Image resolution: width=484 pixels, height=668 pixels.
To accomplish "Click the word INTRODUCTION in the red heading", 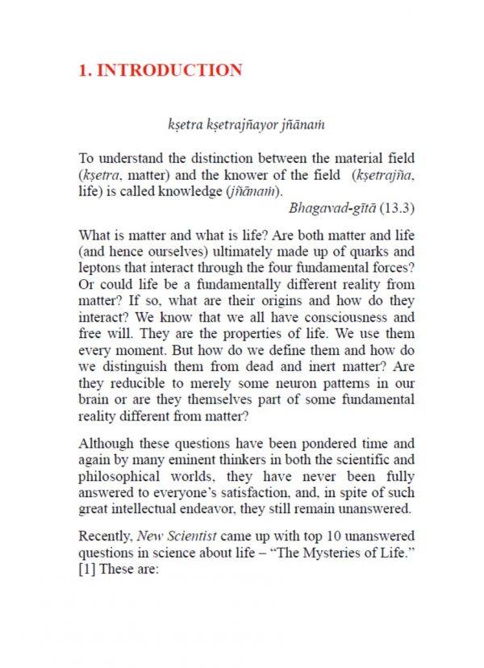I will click(169, 70).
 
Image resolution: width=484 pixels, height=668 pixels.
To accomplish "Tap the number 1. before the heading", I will click(85, 70).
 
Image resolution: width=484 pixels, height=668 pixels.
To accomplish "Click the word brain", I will click(95, 400).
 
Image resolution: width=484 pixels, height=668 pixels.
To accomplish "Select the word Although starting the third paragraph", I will click(106, 443).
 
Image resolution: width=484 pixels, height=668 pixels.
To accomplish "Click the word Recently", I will click(106, 536).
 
